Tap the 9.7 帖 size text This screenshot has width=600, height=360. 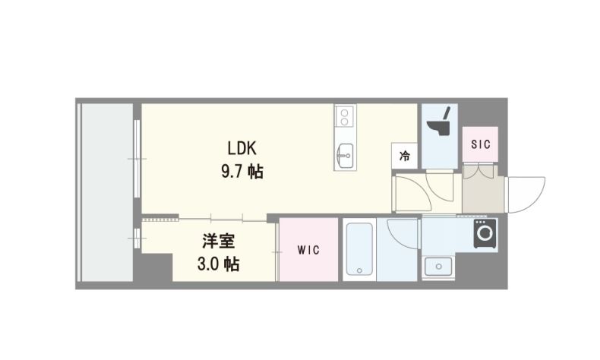click(242, 172)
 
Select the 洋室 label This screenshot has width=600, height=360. click(217, 242)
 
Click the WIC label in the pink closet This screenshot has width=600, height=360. click(308, 250)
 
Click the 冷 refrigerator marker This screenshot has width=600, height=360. click(404, 156)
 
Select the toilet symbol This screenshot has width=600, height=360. click(438, 124)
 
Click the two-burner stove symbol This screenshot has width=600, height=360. click(343, 117)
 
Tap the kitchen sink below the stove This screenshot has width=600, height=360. click(343, 156)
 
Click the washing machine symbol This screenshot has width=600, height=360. click(485, 234)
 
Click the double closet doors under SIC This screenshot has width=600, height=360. click(480, 171)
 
